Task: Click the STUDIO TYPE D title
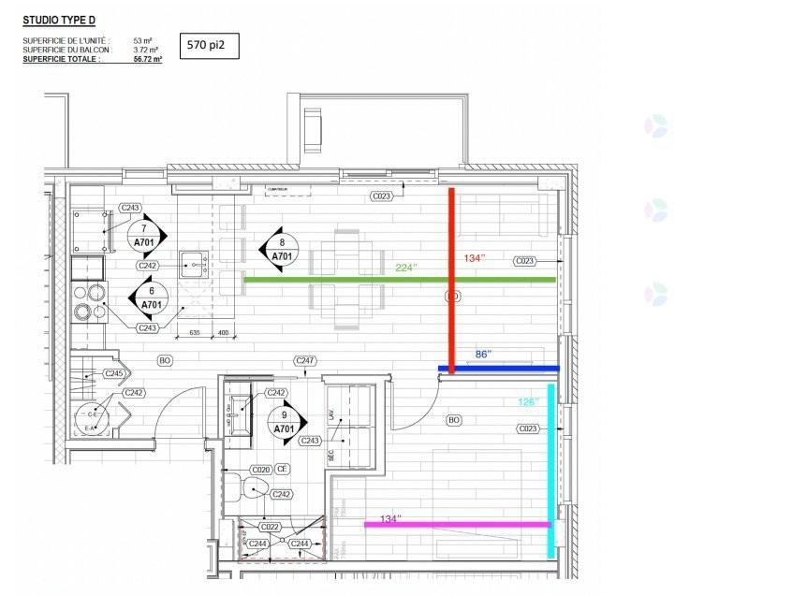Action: (x=59, y=18)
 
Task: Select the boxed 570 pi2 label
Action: (x=207, y=44)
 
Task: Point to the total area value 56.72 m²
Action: (x=147, y=58)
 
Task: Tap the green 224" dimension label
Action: (x=406, y=268)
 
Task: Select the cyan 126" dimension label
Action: (x=529, y=402)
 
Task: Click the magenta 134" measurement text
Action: (x=390, y=518)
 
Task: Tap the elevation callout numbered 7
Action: (x=144, y=235)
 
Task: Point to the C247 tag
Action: (x=304, y=360)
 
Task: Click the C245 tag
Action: (x=114, y=373)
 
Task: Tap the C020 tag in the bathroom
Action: (x=260, y=469)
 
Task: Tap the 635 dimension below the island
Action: (x=195, y=333)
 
